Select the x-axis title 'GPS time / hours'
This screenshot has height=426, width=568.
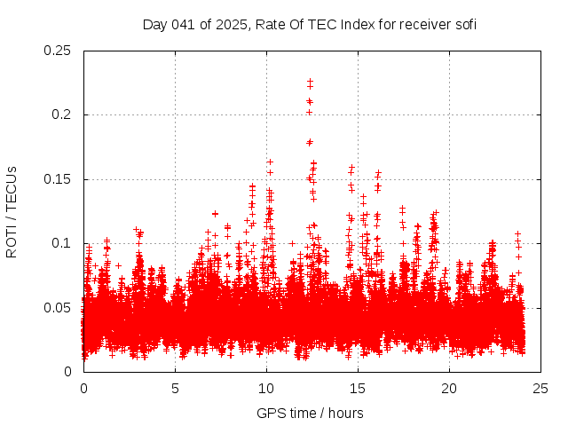point(309,413)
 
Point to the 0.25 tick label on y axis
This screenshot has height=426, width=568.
point(59,51)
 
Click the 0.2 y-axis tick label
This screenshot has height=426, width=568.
point(64,114)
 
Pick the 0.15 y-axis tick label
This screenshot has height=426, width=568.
point(59,179)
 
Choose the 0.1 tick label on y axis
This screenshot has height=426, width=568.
point(64,243)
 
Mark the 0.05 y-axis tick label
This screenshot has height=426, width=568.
point(59,308)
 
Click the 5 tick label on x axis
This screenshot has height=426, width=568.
point(175,388)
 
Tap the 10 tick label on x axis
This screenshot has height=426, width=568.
point(266,388)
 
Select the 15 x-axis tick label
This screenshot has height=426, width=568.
point(359,388)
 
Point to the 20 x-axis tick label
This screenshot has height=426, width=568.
point(450,388)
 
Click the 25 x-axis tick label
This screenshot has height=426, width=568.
point(541,388)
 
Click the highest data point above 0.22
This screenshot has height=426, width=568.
point(310,82)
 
